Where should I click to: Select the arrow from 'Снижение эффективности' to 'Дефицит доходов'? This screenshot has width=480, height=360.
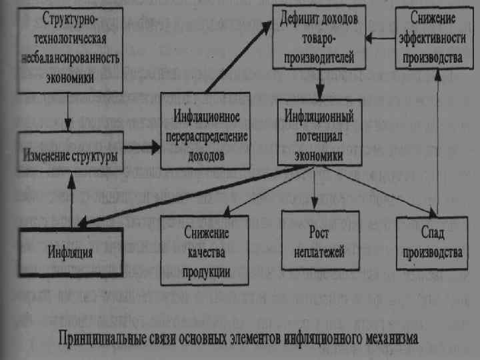(381, 37)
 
